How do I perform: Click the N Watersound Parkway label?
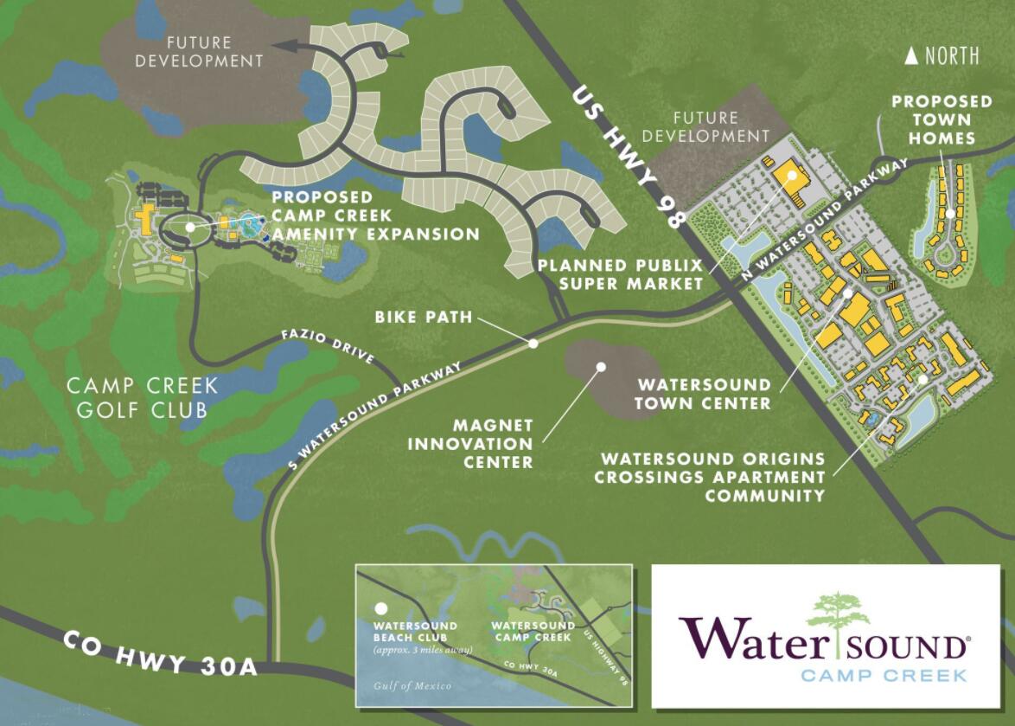tap(825, 218)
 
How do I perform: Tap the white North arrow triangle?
tap(910, 57)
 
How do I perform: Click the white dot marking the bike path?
tap(533, 344)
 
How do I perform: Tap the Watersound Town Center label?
tap(703, 394)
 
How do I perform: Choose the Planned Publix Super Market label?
tap(619, 274)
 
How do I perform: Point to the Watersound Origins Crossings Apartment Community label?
tap(713, 477)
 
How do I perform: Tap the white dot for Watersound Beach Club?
tap(379, 609)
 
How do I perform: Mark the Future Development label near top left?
tap(199, 51)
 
